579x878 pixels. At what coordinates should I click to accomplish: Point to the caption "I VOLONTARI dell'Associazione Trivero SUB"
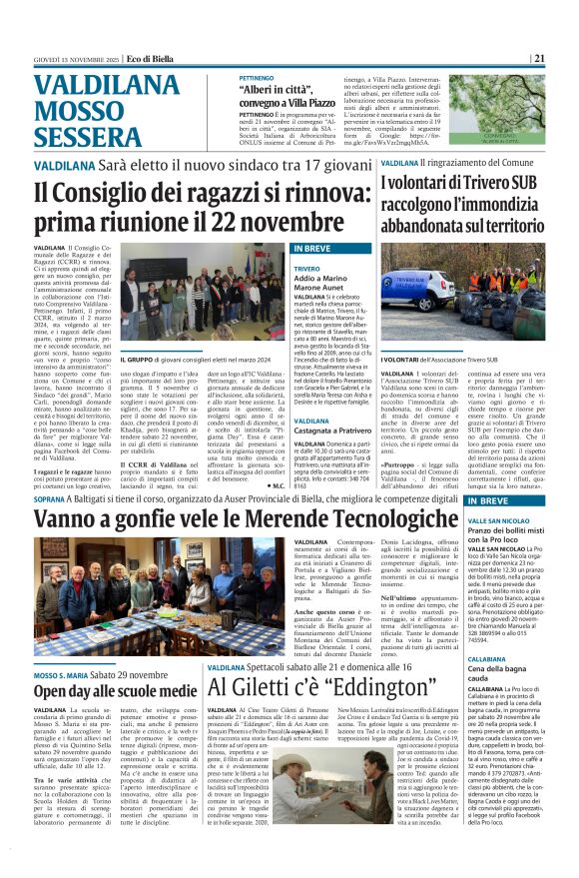440,360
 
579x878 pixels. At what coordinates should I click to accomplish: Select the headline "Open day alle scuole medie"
116,661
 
